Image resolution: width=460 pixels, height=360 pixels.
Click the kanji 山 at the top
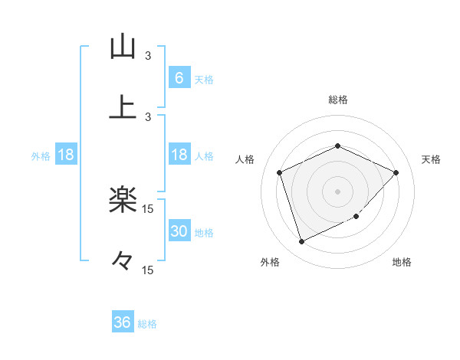(x=122, y=47)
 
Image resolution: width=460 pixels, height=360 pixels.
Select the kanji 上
(x=122, y=108)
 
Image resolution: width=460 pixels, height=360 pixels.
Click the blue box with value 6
(x=179, y=77)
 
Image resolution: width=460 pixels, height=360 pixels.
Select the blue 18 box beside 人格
(x=179, y=155)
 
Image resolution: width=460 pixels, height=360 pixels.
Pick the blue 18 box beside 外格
(x=66, y=155)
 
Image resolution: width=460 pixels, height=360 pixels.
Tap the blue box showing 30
(x=179, y=231)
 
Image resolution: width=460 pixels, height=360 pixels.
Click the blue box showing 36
(x=123, y=322)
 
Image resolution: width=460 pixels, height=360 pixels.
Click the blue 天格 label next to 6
(x=204, y=79)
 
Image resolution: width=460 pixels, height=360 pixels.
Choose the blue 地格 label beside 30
(x=204, y=233)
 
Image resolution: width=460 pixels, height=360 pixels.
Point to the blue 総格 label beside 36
(x=147, y=324)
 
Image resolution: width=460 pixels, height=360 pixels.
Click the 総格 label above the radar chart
(x=337, y=100)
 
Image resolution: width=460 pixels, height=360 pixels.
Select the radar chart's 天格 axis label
(x=431, y=159)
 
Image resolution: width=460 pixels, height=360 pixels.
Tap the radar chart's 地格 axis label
(x=402, y=262)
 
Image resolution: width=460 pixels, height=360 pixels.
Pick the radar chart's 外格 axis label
(x=270, y=262)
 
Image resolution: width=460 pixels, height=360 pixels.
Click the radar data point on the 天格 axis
(x=396, y=172)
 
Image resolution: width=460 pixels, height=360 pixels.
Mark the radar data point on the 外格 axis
(x=301, y=242)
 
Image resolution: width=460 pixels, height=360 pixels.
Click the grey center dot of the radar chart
(x=337, y=191)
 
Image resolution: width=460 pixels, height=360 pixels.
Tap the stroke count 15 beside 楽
(x=148, y=209)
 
